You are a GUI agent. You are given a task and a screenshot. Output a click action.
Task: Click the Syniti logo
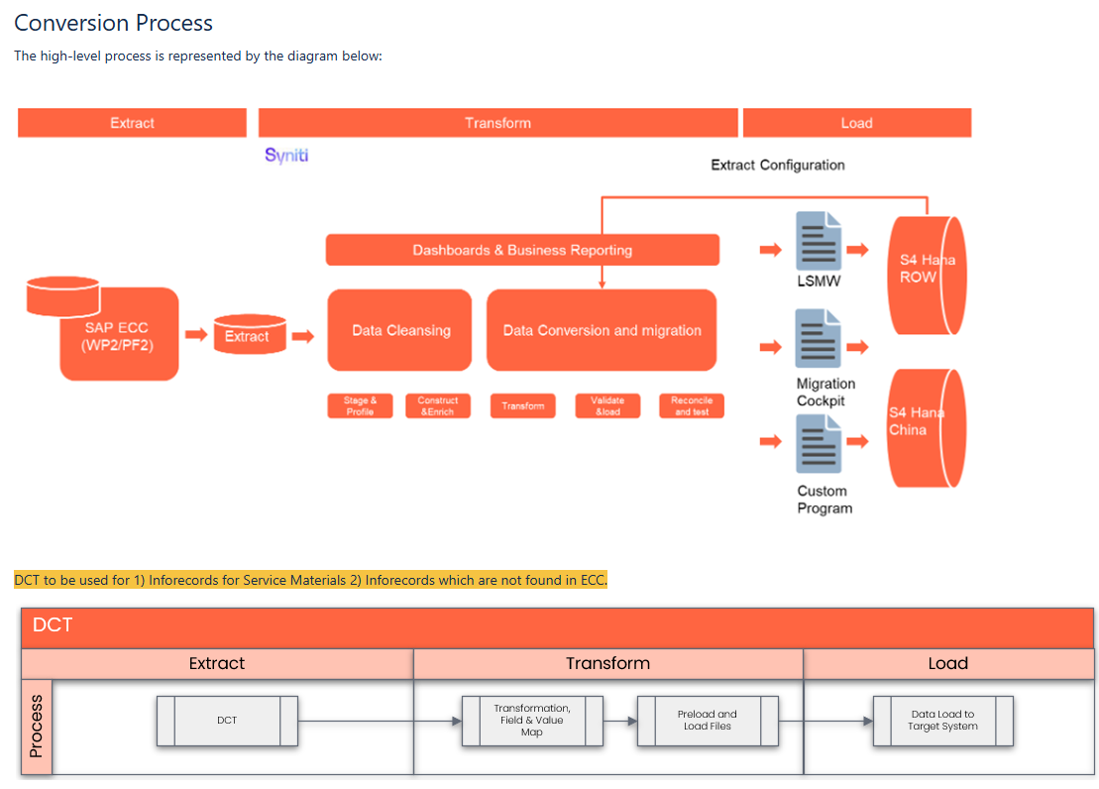point(286,155)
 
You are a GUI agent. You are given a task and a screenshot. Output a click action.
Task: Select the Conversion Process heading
point(114,23)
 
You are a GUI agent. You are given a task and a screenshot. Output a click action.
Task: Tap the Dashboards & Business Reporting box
point(522,250)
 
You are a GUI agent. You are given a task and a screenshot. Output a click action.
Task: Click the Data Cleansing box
point(400,330)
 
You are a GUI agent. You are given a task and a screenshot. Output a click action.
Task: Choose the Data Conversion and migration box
point(602,330)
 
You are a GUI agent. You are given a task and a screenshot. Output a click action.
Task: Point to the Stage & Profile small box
point(360,405)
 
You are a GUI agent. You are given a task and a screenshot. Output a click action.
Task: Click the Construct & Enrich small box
point(438,405)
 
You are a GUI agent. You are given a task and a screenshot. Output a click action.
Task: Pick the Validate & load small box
point(607,405)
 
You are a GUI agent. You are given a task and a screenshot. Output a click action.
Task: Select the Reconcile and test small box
point(692,405)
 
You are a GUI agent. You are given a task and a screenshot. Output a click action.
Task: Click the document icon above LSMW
point(819,241)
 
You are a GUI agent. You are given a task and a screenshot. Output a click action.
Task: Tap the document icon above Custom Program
point(819,443)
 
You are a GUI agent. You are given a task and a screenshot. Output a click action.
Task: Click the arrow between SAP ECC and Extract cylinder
point(196,335)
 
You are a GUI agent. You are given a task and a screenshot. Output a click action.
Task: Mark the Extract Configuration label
point(778,165)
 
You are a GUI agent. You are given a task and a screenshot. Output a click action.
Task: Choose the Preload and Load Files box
point(708,721)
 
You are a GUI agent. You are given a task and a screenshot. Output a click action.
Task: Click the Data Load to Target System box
point(942,721)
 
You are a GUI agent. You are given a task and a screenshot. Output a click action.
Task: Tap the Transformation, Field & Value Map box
point(532,721)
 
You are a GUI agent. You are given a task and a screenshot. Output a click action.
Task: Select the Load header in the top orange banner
point(856,123)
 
